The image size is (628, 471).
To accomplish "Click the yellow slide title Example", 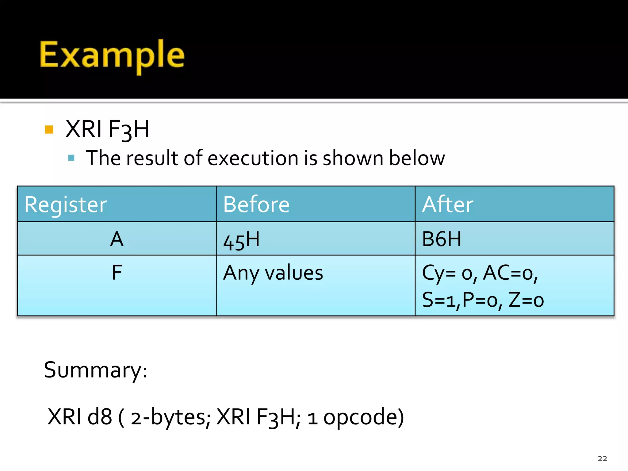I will [x=112, y=55].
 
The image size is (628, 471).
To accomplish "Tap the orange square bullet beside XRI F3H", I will [x=49, y=129].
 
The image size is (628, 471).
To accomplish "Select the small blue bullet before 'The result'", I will [x=71, y=158].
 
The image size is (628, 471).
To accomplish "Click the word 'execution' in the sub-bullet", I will [x=253, y=158].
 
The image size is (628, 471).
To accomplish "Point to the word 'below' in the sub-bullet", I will [x=417, y=158].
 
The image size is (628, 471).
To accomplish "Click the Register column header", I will [x=66, y=205].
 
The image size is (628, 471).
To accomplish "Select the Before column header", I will [x=256, y=205].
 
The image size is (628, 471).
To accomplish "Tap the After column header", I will [x=448, y=205].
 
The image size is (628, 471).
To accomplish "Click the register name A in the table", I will [x=117, y=239].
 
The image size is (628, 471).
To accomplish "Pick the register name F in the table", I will [x=117, y=272].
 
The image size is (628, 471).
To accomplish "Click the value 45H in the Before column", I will [x=241, y=240].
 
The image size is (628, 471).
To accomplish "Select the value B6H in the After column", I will [x=442, y=239].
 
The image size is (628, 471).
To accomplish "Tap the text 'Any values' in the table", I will [x=273, y=273].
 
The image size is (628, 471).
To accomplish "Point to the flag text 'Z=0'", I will [x=526, y=300].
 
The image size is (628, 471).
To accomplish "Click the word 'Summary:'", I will [x=96, y=370].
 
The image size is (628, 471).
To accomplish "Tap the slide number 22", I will [x=602, y=458].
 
